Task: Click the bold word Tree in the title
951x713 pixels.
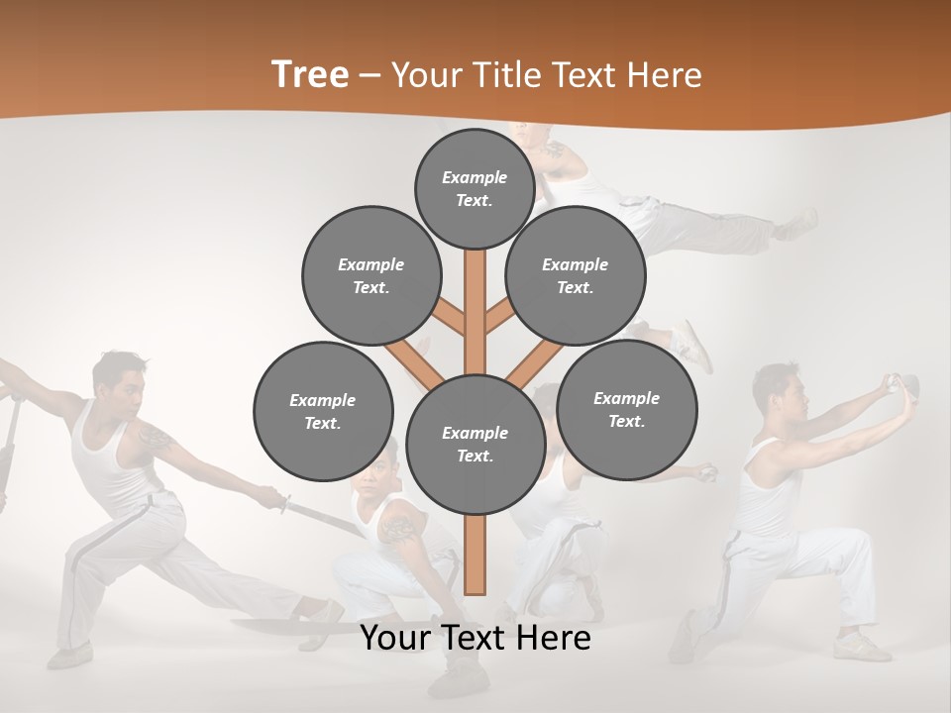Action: (x=309, y=75)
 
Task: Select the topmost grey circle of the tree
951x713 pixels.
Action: (x=475, y=188)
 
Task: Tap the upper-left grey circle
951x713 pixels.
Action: (x=371, y=275)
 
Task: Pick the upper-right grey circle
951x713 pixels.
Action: (x=576, y=275)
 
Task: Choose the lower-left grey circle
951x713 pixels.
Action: (x=323, y=411)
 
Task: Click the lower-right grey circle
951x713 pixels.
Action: (x=626, y=409)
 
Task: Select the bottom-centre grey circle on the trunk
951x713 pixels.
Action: (x=475, y=445)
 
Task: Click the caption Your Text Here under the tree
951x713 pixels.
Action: (x=475, y=638)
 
